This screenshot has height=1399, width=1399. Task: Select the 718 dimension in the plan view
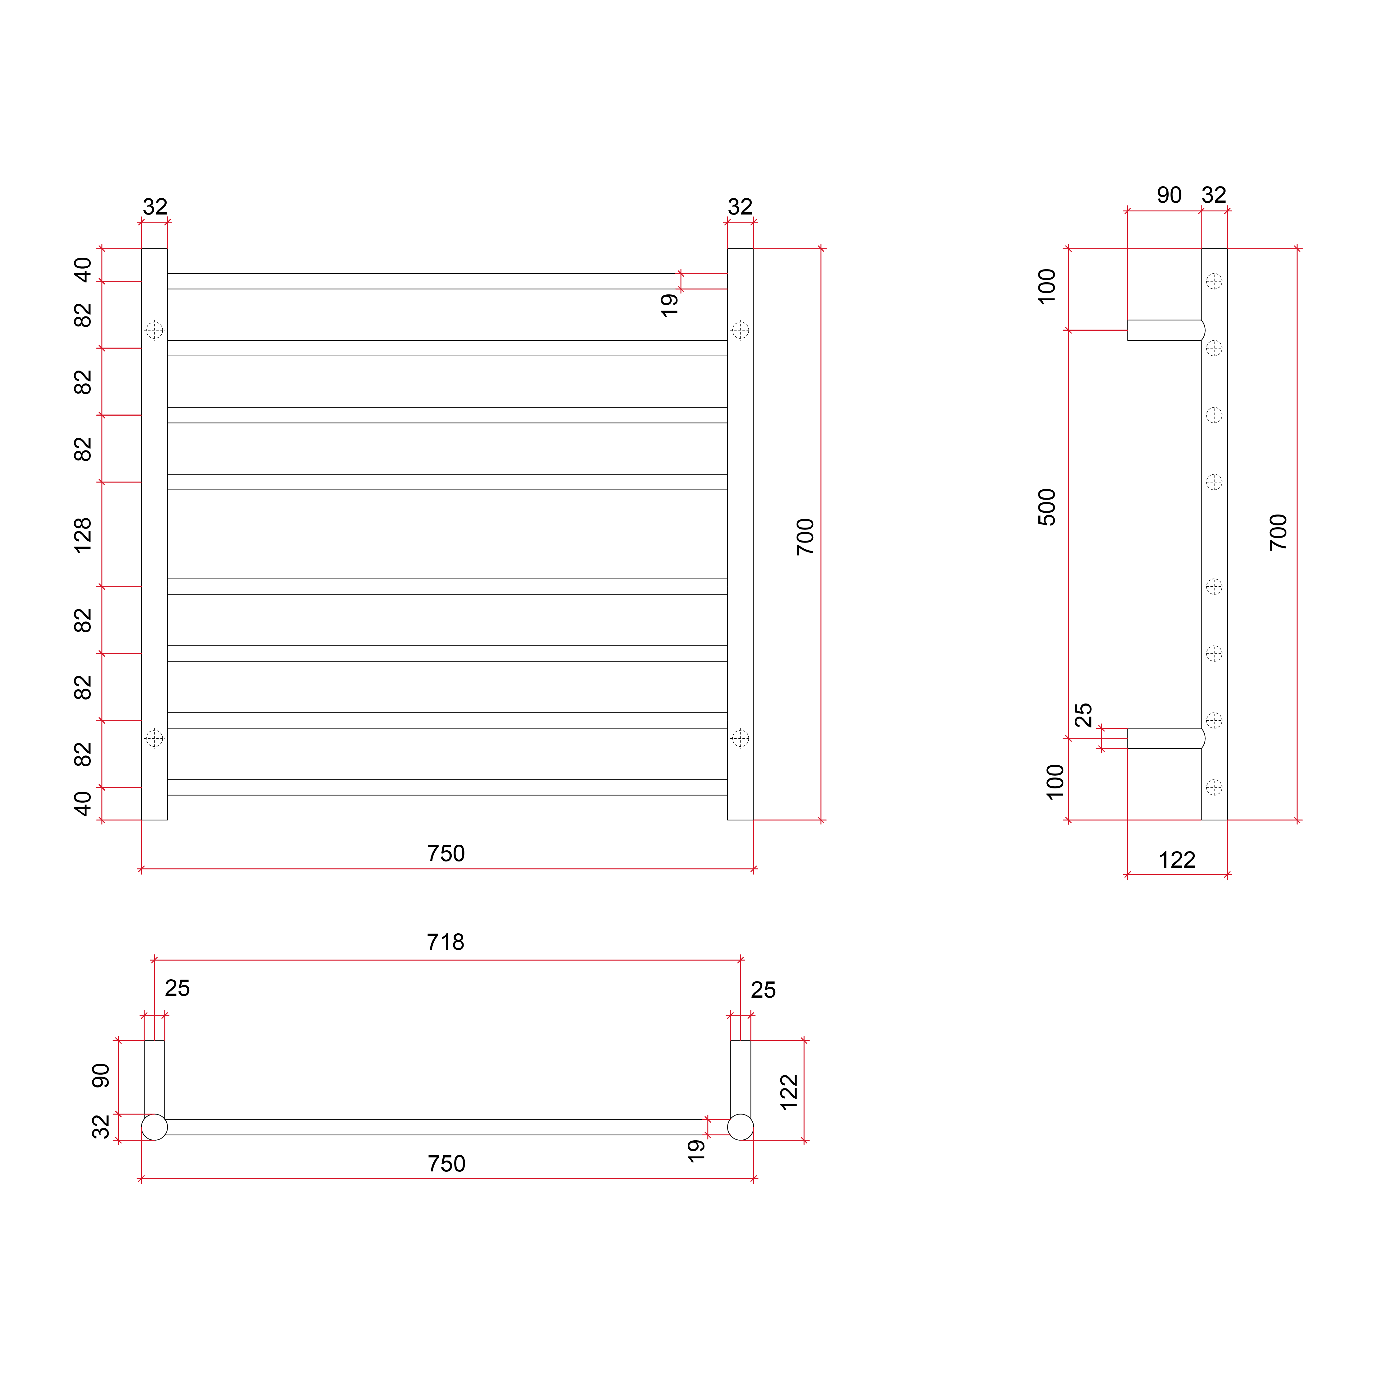(x=445, y=942)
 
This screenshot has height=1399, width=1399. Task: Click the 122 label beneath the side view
(x=1177, y=860)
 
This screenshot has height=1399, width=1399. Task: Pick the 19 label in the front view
(x=669, y=305)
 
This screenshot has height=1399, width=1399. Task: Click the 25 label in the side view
(x=1083, y=715)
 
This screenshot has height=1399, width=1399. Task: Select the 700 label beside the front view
(x=805, y=537)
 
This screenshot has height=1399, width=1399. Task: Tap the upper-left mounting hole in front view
(x=154, y=330)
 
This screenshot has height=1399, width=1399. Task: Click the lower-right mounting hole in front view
(x=740, y=738)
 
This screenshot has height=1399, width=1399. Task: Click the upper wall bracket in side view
(x=1166, y=330)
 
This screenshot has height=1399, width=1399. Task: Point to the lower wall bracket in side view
(x=1166, y=738)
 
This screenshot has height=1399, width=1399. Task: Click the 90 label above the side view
(x=1169, y=195)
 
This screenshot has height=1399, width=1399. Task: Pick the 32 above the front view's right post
(x=740, y=207)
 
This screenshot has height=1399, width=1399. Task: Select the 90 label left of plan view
(x=101, y=1075)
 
